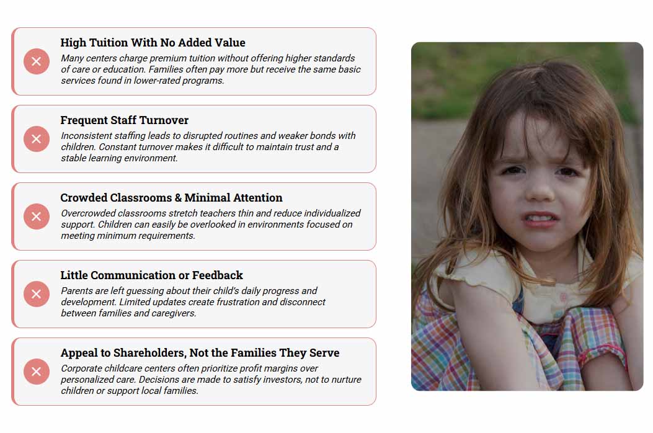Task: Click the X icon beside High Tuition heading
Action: (37, 61)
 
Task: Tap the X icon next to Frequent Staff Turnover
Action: (37, 139)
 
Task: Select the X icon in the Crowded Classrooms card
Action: (37, 216)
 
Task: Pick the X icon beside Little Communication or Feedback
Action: (37, 294)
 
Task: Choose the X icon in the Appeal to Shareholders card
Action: (37, 372)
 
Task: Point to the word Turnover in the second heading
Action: (164, 120)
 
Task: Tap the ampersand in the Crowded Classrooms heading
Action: (178, 197)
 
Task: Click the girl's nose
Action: (540, 192)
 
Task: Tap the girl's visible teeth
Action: (541, 218)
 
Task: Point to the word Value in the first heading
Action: (230, 43)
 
